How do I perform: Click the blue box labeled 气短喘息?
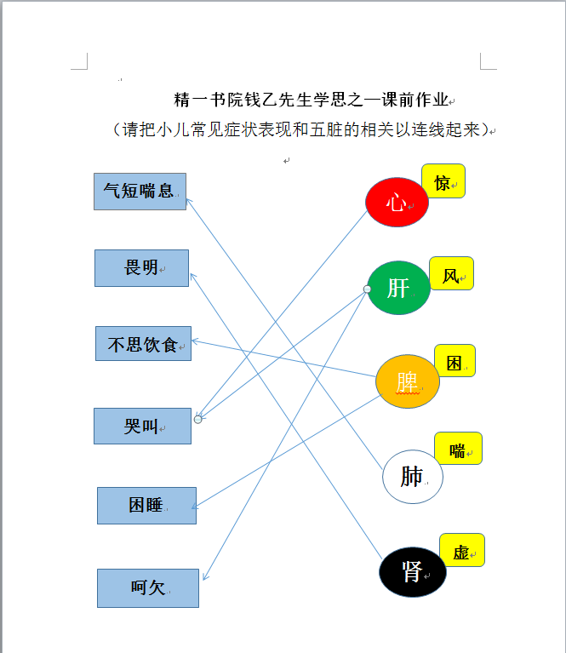140,192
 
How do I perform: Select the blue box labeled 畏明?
141,268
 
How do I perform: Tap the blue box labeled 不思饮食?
143,344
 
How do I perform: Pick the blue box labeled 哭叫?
142,426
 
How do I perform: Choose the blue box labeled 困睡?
146,506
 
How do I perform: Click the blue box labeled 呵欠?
148,588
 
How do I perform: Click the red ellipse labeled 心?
397,203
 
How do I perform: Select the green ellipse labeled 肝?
398,288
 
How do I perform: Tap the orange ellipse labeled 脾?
408,381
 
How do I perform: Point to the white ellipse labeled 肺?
412,477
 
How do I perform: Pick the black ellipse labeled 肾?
412,572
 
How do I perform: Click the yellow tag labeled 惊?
443,181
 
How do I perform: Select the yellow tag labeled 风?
451,273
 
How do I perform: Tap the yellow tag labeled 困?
455,361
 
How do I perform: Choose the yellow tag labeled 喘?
458,448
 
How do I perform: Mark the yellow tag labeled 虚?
462,550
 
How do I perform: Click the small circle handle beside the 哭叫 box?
197,420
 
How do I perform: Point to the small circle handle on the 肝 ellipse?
367,289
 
